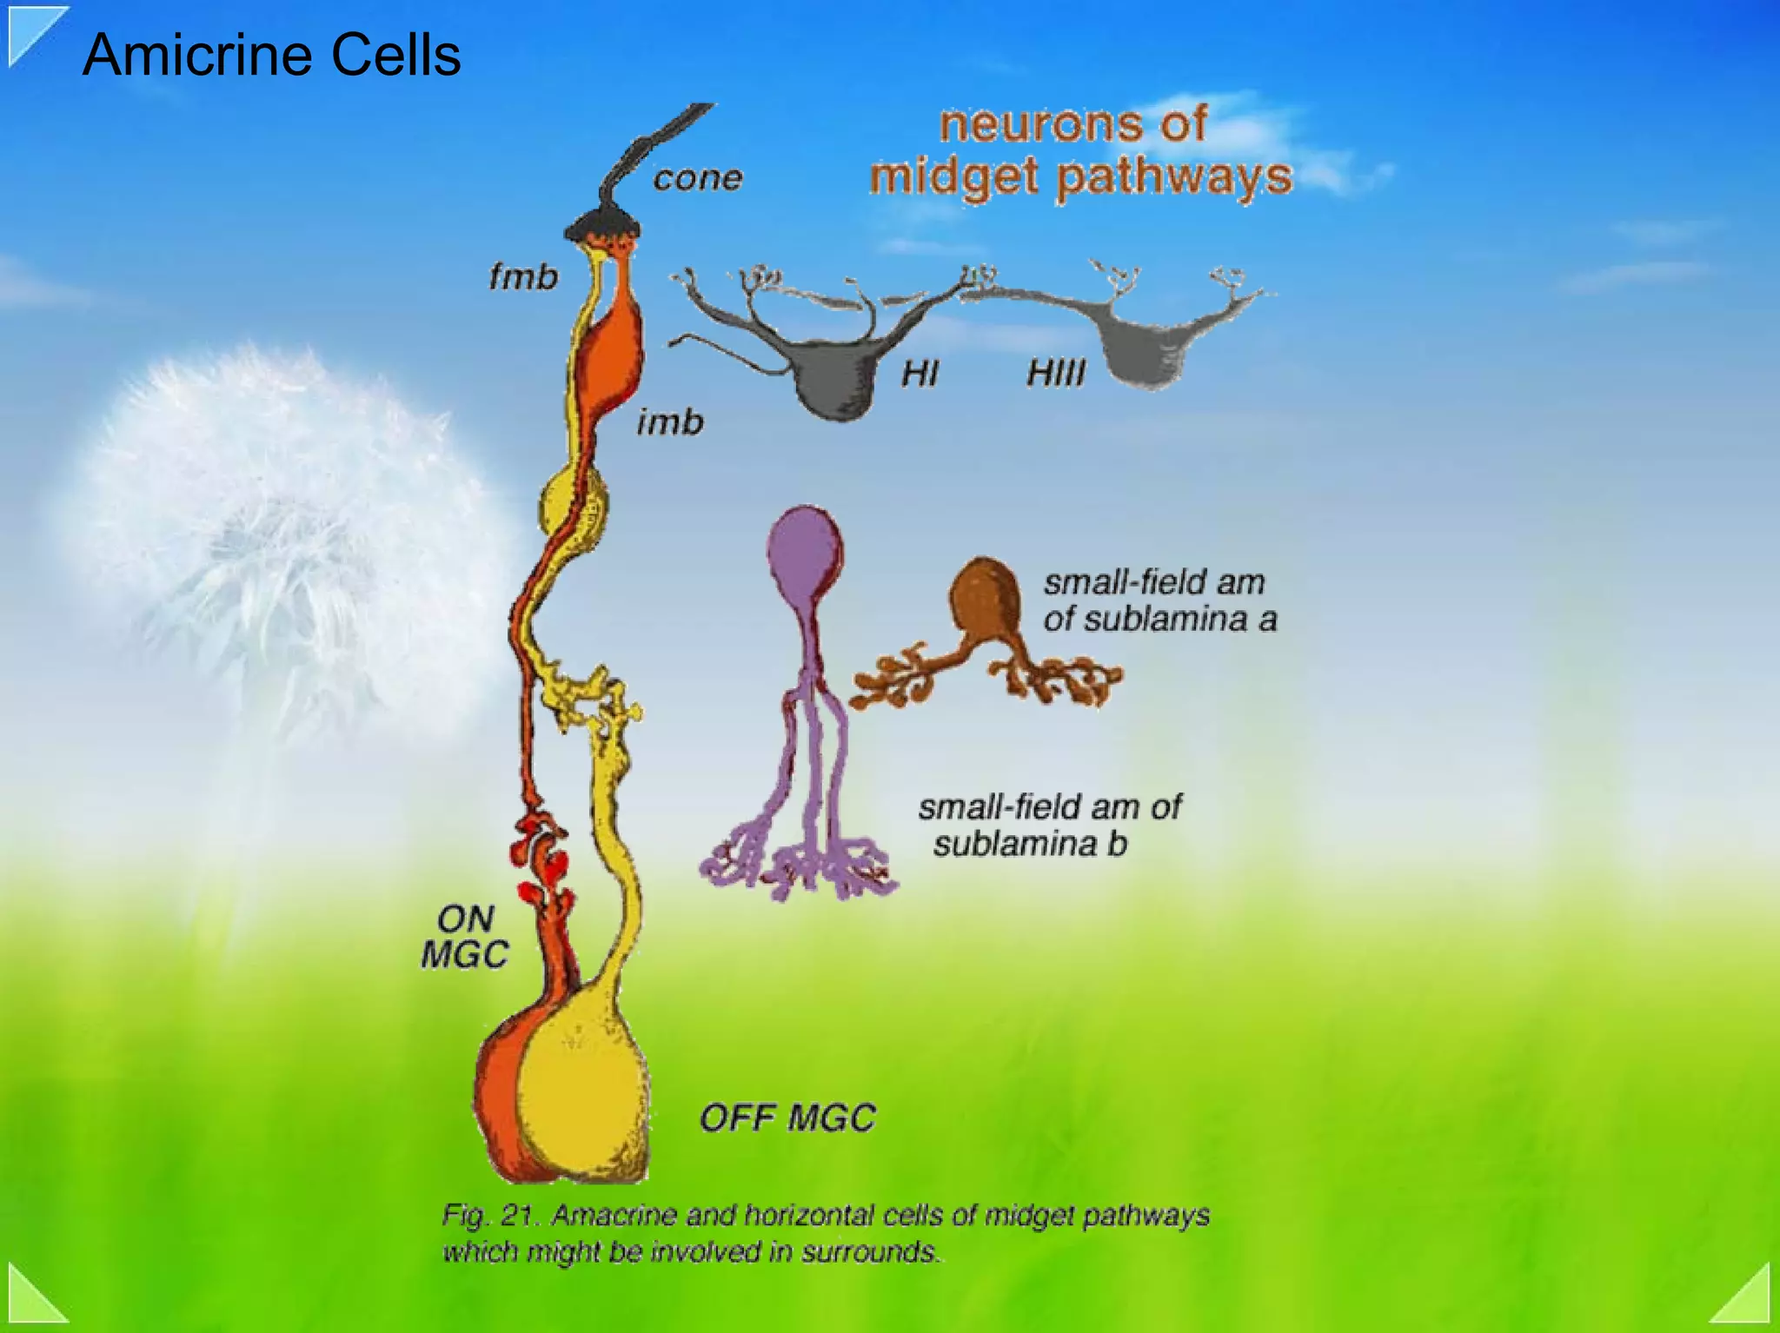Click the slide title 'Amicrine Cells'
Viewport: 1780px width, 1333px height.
click(271, 55)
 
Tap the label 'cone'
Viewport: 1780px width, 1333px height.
click(698, 179)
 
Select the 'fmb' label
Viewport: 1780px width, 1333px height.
click(523, 277)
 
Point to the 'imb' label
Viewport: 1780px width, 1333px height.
click(669, 422)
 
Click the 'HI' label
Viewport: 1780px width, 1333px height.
click(920, 374)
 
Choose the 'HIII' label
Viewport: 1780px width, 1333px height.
click(1055, 374)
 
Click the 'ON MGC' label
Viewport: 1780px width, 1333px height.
click(465, 937)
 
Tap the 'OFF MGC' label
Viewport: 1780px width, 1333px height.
click(787, 1117)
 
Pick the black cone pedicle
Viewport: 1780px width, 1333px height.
click(603, 226)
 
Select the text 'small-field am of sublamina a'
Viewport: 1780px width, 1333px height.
click(1159, 600)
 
